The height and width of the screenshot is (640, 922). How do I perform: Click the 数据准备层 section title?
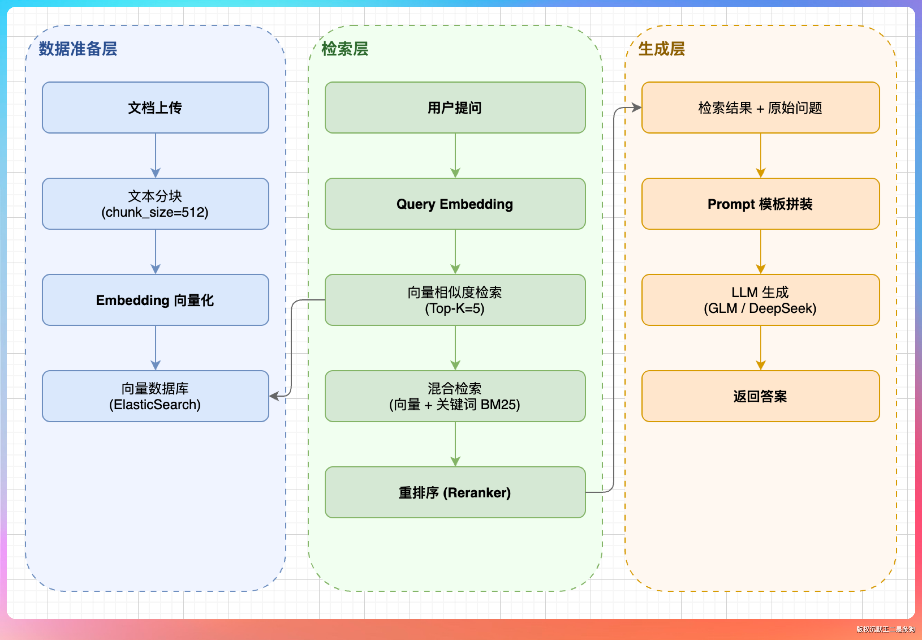[78, 49]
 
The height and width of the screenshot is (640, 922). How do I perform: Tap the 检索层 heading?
[345, 49]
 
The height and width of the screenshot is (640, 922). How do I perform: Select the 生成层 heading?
[662, 49]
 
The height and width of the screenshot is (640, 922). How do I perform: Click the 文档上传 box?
[155, 108]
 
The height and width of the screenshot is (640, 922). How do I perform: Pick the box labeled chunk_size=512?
[155, 204]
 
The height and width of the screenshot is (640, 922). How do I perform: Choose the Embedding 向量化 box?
[155, 300]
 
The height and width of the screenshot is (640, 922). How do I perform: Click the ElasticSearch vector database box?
[155, 396]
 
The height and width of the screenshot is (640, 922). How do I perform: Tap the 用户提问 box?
[455, 108]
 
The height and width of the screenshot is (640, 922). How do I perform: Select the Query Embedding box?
[455, 204]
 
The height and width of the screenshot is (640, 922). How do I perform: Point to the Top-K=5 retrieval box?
[455, 300]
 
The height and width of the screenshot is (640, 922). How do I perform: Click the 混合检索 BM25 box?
[455, 396]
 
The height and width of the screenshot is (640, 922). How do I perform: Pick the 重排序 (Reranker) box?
[455, 492]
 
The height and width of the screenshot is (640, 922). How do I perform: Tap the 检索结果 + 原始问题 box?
[761, 108]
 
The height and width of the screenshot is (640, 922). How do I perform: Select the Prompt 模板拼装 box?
[761, 204]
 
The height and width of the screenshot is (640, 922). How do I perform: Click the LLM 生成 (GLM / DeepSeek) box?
[761, 300]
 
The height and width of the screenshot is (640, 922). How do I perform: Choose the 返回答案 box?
[761, 396]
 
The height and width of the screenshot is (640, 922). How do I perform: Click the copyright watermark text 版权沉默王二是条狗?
[886, 629]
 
